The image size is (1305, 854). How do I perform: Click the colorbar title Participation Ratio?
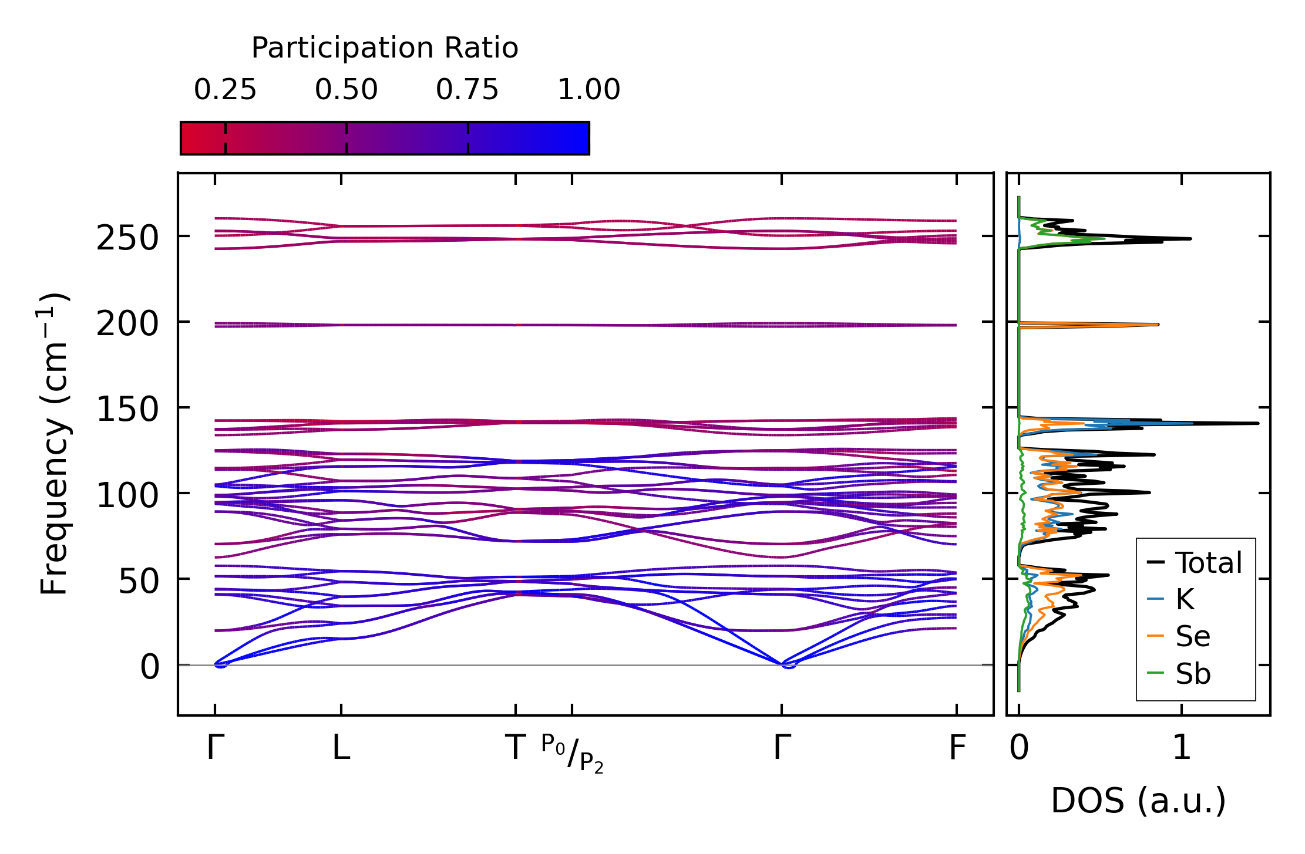click(x=385, y=48)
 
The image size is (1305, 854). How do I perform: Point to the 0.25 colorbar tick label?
click(x=225, y=90)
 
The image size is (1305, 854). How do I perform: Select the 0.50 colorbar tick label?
click(x=346, y=90)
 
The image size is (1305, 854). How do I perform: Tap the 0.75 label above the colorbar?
click(x=467, y=90)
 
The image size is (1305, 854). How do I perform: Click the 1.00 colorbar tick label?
click(x=588, y=90)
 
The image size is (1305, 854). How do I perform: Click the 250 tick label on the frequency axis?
click(x=127, y=239)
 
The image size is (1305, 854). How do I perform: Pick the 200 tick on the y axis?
click(x=127, y=325)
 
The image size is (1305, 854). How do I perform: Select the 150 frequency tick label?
click(x=127, y=410)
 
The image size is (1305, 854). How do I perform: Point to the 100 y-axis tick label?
click(x=127, y=496)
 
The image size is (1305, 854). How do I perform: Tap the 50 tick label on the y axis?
click(x=139, y=582)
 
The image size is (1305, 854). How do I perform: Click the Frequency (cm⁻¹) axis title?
click(x=55, y=444)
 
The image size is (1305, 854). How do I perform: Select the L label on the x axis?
click(x=341, y=748)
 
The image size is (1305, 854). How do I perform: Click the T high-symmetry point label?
click(x=515, y=748)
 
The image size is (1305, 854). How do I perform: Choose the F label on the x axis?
click(x=957, y=748)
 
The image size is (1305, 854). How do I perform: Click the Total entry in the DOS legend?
click(x=1208, y=563)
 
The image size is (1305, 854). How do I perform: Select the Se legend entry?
click(x=1192, y=636)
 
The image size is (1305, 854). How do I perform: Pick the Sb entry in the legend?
click(x=1192, y=674)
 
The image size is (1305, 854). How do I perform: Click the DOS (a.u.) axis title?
click(x=1138, y=801)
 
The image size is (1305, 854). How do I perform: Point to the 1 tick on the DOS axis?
click(x=1182, y=748)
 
